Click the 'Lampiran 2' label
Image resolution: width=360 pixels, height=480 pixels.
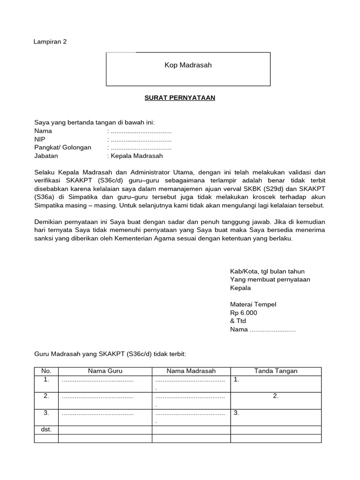click(50, 42)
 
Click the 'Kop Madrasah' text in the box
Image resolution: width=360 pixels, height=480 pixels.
click(188, 65)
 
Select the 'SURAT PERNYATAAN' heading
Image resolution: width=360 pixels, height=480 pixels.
click(179, 98)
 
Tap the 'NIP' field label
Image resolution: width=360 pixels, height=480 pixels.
click(39, 139)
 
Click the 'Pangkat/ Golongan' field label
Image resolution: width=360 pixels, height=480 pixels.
click(63, 148)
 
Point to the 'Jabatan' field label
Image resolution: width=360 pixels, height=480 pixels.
click(45, 156)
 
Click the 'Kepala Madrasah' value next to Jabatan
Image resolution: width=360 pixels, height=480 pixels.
click(137, 156)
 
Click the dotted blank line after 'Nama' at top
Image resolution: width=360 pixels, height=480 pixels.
click(140, 131)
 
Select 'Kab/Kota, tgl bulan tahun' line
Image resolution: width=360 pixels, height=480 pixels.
click(267, 271)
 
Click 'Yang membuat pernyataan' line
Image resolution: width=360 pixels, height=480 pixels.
click(270, 279)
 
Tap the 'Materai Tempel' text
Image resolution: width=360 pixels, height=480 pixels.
click(253, 305)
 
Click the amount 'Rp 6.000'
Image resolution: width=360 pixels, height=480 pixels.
click(243, 313)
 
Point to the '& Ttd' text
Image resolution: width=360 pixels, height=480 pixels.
click(238, 321)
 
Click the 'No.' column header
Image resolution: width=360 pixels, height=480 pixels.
click(46, 371)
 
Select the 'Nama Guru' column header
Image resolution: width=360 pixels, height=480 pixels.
click(105, 371)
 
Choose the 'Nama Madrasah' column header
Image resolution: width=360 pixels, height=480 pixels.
click(191, 371)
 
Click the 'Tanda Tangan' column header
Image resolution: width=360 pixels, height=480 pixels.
click(276, 371)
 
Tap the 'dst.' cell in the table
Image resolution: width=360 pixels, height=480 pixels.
click(46, 429)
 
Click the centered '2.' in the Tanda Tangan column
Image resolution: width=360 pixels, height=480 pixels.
click(276, 396)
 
